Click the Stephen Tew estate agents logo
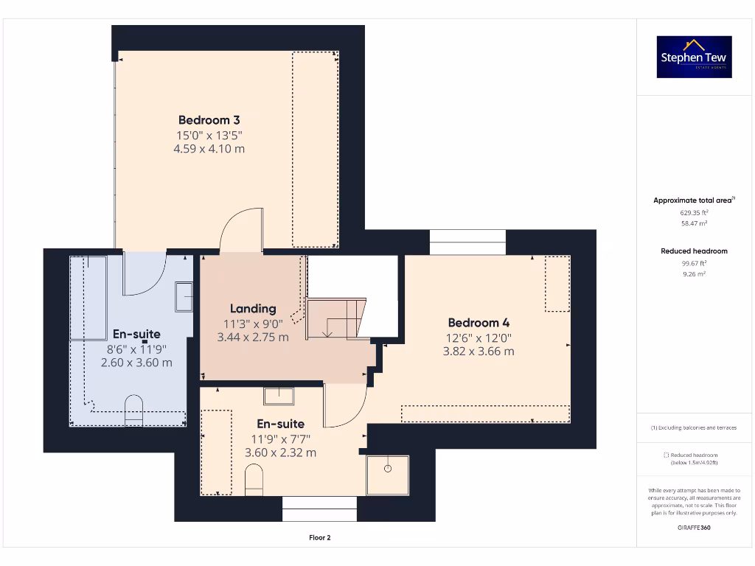[x=695, y=57]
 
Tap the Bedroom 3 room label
[x=209, y=120]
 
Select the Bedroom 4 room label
[x=479, y=323]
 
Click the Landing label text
[x=253, y=309]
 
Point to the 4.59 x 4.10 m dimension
[x=209, y=149]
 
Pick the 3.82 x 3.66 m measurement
[x=479, y=352]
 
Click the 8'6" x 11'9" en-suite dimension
[x=136, y=349]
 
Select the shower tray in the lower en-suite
[x=387, y=475]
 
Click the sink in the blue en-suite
[x=184, y=296]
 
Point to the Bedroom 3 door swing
[x=241, y=228]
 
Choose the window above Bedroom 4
[x=467, y=242]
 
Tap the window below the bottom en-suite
[x=319, y=509]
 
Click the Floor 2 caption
[x=319, y=538]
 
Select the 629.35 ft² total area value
[x=694, y=212]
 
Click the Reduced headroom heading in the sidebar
[x=694, y=251]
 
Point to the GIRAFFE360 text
[x=694, y=528]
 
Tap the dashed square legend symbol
[x=666, y=455]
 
